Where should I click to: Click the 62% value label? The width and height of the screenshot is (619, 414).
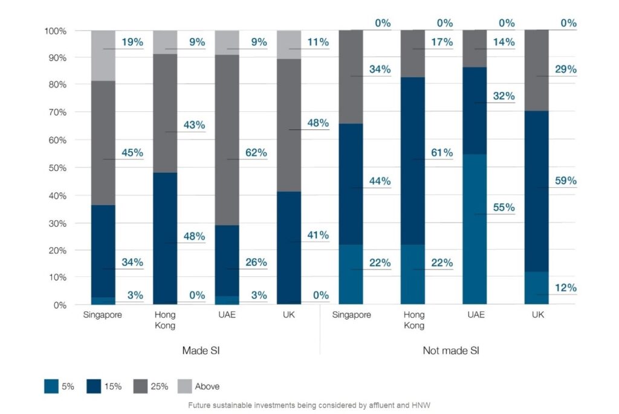256,153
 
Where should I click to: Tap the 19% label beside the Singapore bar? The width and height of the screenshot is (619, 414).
132,42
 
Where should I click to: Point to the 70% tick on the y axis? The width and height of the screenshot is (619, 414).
56,112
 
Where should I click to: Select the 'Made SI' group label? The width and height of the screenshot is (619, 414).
200,351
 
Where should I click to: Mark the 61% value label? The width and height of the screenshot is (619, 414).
441,153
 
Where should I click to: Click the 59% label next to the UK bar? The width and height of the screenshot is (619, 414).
565,181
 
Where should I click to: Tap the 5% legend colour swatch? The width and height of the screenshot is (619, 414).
51,386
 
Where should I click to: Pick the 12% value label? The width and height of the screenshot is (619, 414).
565,288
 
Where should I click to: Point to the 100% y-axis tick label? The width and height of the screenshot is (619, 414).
54,30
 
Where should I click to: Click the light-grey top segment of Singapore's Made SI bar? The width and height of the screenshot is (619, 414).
103,55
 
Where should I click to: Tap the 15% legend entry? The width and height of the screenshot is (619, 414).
112,386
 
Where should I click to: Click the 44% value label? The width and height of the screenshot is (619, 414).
380,181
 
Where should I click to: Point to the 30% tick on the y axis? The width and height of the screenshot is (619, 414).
56,222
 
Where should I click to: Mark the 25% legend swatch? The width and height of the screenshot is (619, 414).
140,386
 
